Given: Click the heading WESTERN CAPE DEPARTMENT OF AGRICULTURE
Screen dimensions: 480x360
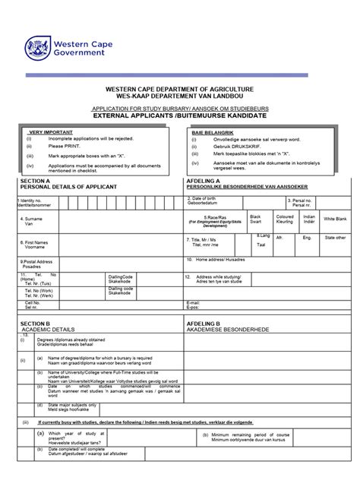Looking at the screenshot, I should (178, 90).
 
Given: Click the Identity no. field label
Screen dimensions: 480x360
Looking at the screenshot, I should (34, 203).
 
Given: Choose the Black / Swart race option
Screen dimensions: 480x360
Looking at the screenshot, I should (255, 219).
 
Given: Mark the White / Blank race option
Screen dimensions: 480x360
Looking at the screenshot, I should (335, 219).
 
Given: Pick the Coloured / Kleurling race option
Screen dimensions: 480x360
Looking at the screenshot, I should (285, 219).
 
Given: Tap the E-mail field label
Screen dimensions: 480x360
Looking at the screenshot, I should (193, 305).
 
